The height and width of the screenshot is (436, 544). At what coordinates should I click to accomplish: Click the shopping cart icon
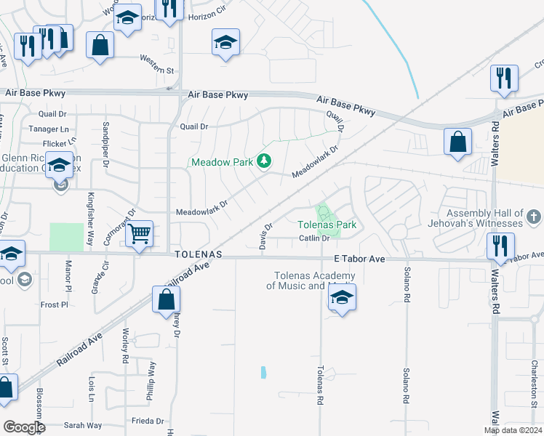pos(139,234)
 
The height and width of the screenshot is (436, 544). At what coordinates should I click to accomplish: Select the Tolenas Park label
pos(327,225)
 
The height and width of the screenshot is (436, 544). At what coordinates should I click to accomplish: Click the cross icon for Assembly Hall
pos(533,217)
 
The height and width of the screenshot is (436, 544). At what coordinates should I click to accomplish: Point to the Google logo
pos(24,427)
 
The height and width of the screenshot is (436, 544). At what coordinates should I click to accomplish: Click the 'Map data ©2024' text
pos(513,430)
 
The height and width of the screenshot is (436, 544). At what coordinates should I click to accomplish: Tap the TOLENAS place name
pos(196,256)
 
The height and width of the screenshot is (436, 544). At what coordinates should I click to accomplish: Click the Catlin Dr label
pos(314,238)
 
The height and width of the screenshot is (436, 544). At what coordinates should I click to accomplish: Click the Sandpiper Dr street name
pos(106,134)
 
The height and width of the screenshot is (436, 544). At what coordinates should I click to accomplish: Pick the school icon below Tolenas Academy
pos(341,297)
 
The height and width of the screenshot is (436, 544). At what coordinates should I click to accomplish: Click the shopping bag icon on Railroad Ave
pos(166,299)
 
